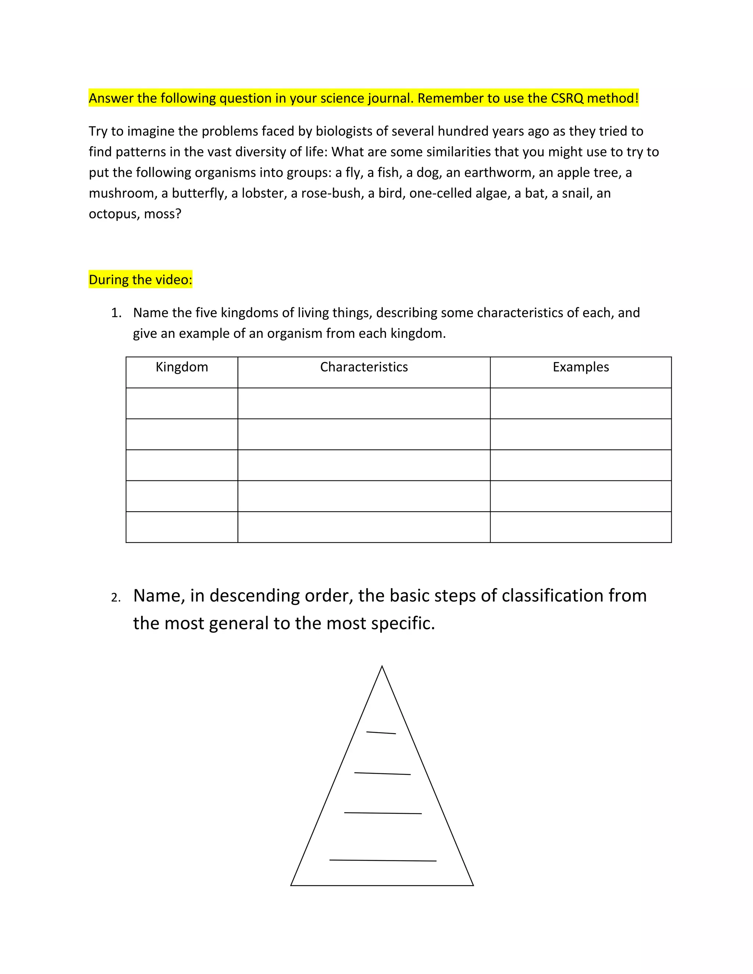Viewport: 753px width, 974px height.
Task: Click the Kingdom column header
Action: pyautogui.click(x=182, y=367)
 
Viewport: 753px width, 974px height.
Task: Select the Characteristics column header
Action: pyautogui.click(x=364, y=367)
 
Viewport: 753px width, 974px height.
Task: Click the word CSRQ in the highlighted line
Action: pyautogui.click(x=567, y=98)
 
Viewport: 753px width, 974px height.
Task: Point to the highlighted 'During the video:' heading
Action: pyautogui.click(x=140, y=280)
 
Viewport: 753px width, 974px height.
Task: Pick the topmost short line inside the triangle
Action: pyautogui.click(x=381, y=733)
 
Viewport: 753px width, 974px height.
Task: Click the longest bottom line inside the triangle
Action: pyautogui.click(x=383, y=860)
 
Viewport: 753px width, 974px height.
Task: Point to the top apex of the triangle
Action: pyautogui.click(x=382, y=667)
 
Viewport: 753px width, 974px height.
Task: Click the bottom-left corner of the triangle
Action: pyautogui.click(x=291, y=885)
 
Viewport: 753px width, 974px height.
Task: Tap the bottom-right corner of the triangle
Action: pyautogui.click(x=473, y=885)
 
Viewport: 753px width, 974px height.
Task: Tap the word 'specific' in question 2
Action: pyautogui.click(x=402, y=623)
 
